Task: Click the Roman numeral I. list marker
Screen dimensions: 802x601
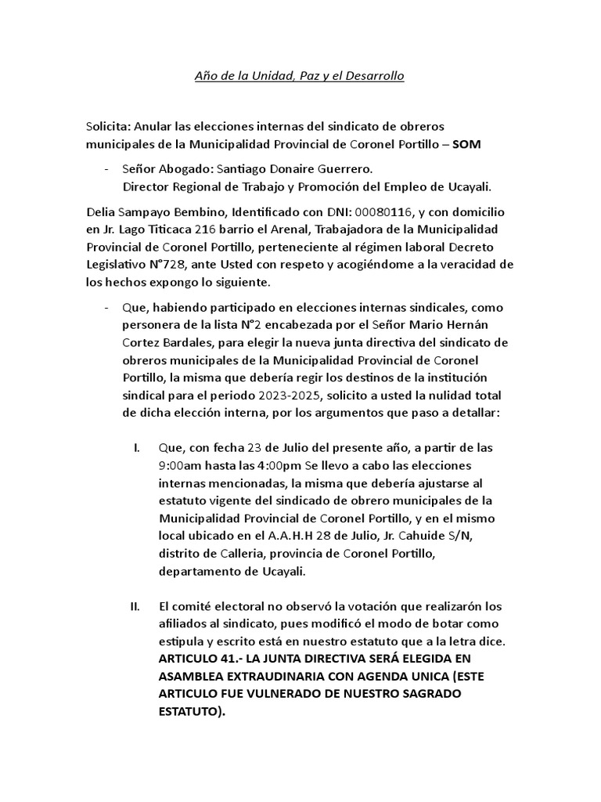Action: tap(137, 448)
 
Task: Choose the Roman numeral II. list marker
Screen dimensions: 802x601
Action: tap(134, 607)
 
